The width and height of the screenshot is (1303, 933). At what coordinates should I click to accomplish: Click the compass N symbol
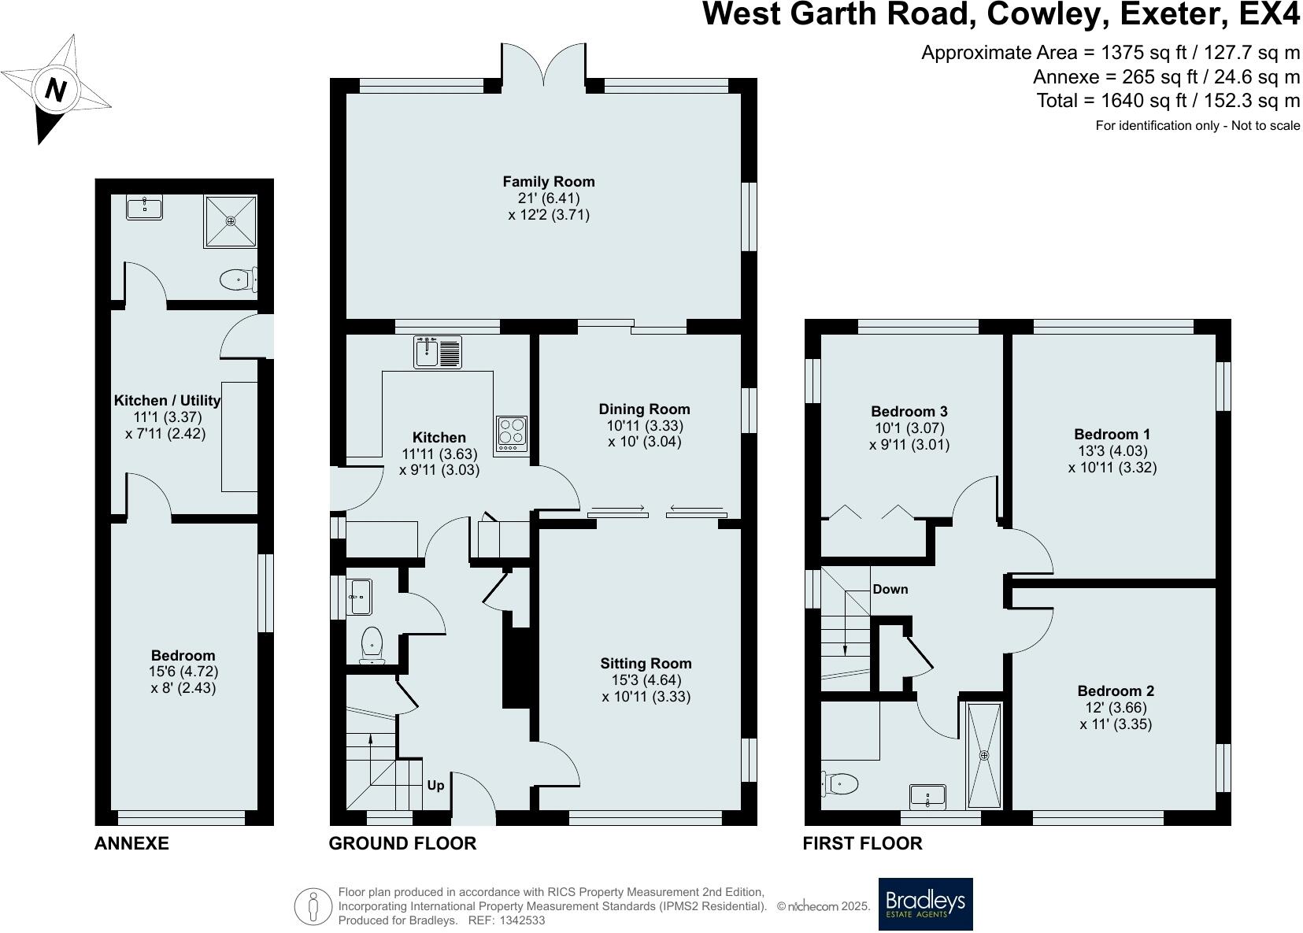pyautogui.click(x=54, y=89)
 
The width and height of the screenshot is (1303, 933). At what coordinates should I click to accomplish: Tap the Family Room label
pyautogui.click(x=549, y=182)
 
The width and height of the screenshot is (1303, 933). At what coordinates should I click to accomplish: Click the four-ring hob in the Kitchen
pyautogui.click(x=512, y=434)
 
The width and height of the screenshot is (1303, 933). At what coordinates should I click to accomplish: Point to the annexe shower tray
pyautogui.click(x=231, y=221)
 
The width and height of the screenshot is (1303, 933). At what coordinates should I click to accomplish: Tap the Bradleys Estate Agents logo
pyautogui.click(x=925, y=904)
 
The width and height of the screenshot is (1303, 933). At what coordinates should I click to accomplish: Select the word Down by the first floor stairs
pyautogui.click(x=890, y=589)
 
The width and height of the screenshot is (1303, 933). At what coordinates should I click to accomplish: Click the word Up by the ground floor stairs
pyautogui.click(x=435, y=785)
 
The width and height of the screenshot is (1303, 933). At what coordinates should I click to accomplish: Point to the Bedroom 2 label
pyautogui.click(x=1116, y=691)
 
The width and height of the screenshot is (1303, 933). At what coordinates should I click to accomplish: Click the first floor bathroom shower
pyautogui.click(x=984, y=754)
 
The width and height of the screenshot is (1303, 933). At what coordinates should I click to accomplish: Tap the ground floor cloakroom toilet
pyautogui.click(x=371, y=644)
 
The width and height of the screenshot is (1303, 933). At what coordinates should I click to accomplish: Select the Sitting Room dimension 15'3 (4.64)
pyautogui.click(x=646, y=680)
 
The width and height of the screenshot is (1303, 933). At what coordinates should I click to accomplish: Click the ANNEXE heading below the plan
pyautogui.click(x=131, y=843)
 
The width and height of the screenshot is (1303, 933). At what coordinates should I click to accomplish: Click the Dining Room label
pyautogui.click(x=644, y=409)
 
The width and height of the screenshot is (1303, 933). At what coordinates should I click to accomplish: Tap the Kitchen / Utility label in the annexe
pyautogui.click(x=167, y=401)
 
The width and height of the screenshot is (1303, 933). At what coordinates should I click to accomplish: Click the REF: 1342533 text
pyautogui.click(x=506, y=920)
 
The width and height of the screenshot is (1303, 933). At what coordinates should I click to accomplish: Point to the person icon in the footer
pyautogui.click(x=313, y=906)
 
